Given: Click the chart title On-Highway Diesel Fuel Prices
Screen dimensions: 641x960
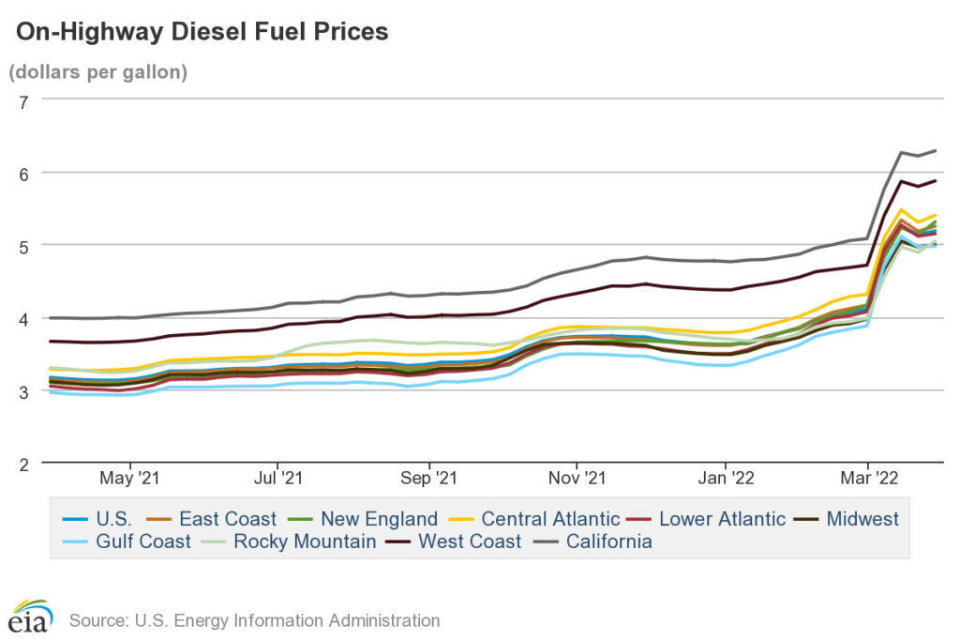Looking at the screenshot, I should tap(202, 33).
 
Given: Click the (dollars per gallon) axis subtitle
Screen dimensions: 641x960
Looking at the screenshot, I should tap(97, 72).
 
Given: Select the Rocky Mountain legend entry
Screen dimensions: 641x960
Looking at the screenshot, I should tap(305, 542).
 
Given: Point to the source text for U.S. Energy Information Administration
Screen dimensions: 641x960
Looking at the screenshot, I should tap(253, 620).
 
